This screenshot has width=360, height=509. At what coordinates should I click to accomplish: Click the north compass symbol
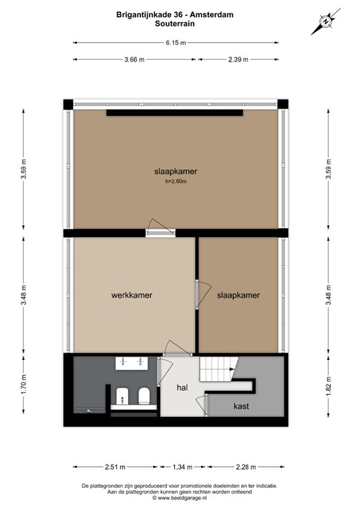(326, 22)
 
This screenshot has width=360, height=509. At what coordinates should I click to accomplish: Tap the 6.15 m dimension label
(176, 42)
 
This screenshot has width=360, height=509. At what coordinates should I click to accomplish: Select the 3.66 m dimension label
(135, 60)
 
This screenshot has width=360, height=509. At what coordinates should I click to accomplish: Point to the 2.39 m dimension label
(238, 60)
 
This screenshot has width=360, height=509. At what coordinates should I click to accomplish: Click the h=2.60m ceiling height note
(176, 182)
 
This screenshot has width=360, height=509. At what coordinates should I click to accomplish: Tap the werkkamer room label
(132, 295)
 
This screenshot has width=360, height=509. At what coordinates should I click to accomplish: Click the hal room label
(182, 387)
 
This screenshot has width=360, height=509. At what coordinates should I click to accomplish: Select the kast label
(241, 406)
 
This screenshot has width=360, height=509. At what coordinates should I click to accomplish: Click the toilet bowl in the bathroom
(144, 396)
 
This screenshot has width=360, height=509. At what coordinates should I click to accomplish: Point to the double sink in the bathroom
(132, 363)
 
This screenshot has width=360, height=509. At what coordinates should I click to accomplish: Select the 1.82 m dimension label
(329, 386)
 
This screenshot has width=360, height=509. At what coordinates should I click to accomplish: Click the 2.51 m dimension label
(115, 467)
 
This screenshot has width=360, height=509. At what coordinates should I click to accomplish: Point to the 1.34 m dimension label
(182, 467)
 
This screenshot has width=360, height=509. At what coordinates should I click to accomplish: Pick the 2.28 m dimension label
(245, 467)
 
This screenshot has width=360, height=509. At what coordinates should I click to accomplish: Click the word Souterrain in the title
(174, 23)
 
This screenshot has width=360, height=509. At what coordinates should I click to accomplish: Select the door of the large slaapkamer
(160, 227)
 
